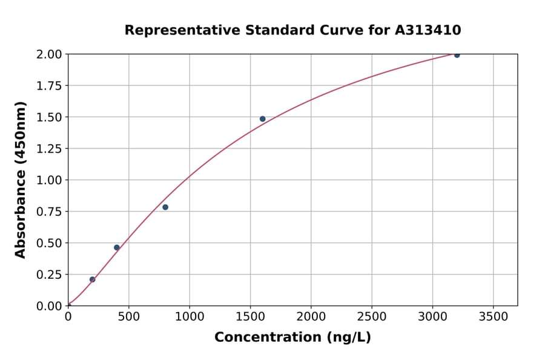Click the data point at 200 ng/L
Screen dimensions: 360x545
93,279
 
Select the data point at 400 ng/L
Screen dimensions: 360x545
117,247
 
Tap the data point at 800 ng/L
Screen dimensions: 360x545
165,207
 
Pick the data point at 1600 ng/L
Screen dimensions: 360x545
262,119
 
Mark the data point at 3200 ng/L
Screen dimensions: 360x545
457,55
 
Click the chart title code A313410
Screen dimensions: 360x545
428,30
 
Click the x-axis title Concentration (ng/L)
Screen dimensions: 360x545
292,338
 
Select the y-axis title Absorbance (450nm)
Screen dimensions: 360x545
21,180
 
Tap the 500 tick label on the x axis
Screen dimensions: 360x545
129,317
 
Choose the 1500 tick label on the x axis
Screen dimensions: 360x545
250,317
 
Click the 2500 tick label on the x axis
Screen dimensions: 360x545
372,317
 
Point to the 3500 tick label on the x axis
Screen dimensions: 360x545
493,317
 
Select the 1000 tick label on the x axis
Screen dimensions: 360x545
190,317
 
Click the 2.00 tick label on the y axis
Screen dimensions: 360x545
49,55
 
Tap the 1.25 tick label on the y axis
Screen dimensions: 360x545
49,148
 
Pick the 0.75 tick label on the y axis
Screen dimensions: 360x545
49,212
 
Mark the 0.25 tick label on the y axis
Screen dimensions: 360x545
49,275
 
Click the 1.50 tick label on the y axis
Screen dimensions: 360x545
49,117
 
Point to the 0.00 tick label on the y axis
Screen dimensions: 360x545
49,306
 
